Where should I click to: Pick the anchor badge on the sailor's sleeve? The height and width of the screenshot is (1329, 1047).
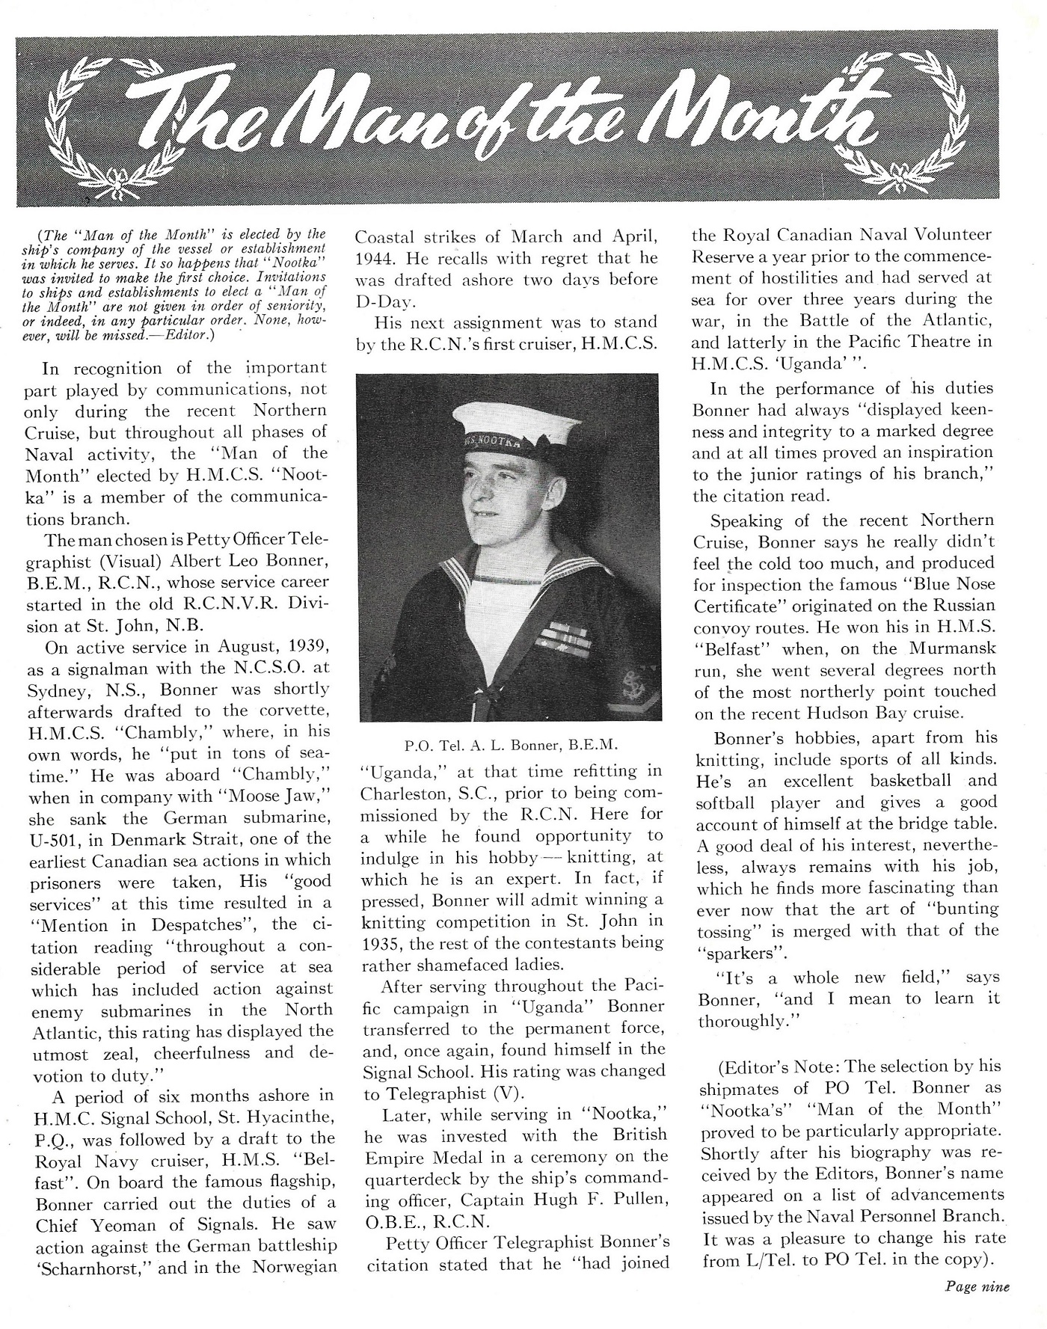click(x=624, y=681)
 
